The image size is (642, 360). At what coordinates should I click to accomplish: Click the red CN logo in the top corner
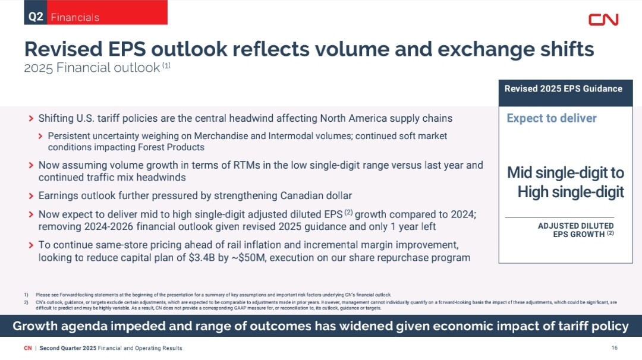pyautogui.click(x=603, y=20)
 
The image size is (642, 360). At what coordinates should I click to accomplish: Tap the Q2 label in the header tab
pyautogui.click(x=36, y=17)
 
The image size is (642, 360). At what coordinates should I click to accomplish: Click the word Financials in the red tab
pyautogui.click(x=75, y=17)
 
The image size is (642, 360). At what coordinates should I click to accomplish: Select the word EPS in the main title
pyautogui.click(x=127, y=49)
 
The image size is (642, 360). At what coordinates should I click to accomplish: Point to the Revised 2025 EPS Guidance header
pyautogui.click(x=564, y=89)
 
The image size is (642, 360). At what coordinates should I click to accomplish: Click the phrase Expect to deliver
pyautogui.click(x=552, y=118)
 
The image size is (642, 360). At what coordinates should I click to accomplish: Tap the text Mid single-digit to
pyautogui.click(x=565, y=173)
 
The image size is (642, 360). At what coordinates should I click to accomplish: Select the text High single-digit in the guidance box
pyautogui.click(x=571, y=192)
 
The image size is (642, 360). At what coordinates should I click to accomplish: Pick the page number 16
pyautogui.click(x=614, y=348)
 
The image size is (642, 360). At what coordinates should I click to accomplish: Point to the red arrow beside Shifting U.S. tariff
pyautogui.click(x=31, y=119)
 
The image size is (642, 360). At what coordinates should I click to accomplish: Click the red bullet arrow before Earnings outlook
pyautogui.click(x=31, y=196)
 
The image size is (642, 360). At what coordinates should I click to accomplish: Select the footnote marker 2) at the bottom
pyautogui.click(x=26, y=303)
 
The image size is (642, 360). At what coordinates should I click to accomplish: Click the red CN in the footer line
pyautogui.click(x=28, y=348)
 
